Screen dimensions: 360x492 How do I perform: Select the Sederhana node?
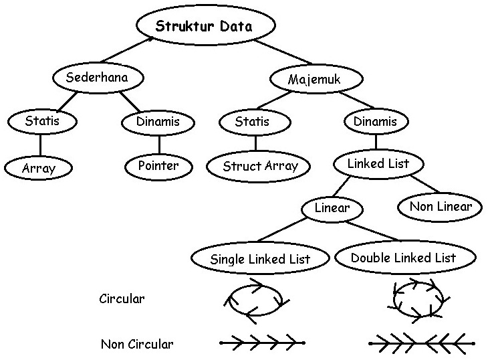[96, 78]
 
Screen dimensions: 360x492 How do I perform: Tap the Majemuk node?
[316, 80]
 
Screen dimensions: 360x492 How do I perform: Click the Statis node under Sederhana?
[41, 122]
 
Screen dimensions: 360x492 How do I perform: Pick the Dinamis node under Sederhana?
[158, 122]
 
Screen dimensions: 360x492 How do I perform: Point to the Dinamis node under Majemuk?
[375, 121]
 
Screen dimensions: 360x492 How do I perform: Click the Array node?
[38, 168]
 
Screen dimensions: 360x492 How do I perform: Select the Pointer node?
[158, 165]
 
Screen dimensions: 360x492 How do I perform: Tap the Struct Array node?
[259, 167]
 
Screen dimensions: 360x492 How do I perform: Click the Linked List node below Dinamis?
[378, 163]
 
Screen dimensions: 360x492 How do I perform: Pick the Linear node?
[332, 208]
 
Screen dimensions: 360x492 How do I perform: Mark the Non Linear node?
[440, 207]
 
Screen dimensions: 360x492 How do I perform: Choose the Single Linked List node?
[260, 259]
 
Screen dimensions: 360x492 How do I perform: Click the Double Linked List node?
[404, 258]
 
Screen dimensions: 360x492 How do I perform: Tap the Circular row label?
[121, 298]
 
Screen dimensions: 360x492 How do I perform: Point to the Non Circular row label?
[136, 345]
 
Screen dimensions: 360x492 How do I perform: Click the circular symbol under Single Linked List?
[255, 300]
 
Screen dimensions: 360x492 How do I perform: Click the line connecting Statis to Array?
[40, 145]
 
